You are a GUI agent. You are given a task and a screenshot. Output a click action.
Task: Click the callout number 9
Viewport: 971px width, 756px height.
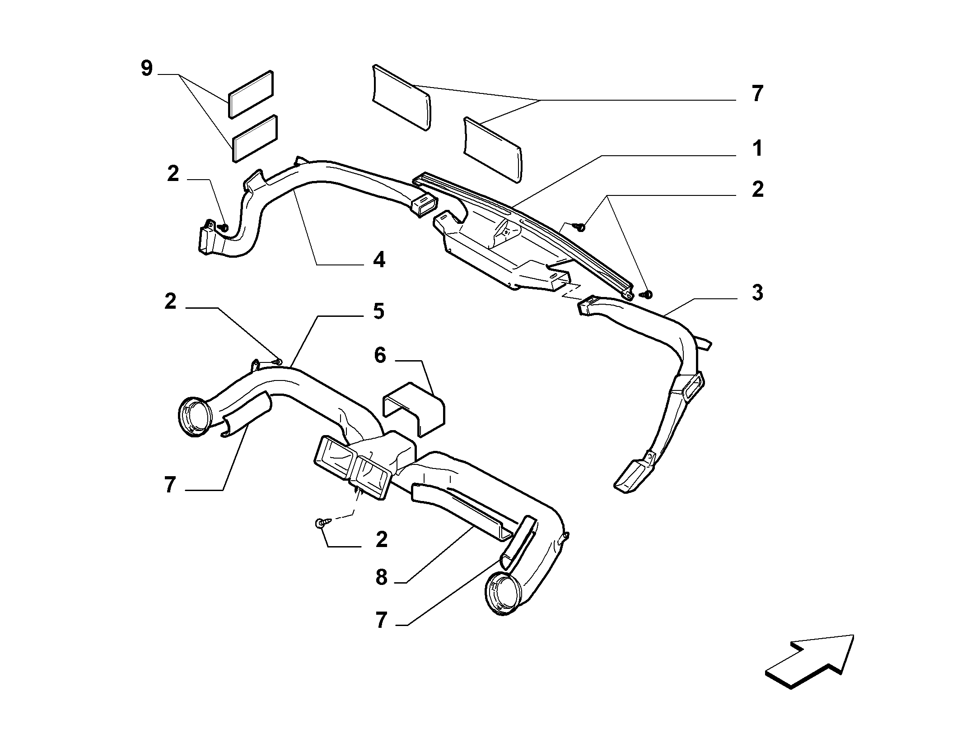147,69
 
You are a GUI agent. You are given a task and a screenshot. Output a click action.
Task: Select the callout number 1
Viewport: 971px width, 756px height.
757,148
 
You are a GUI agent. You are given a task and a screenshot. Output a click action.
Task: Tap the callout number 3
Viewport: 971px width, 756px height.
757,292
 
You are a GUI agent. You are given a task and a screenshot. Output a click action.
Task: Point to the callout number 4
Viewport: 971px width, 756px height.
379,260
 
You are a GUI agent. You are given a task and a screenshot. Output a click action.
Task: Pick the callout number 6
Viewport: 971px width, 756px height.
380,356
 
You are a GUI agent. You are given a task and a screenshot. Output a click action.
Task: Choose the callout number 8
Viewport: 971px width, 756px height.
382,577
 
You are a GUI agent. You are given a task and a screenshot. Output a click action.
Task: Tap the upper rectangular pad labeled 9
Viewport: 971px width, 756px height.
251,94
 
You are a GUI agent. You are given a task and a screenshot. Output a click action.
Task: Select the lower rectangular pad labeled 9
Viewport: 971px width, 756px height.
255,139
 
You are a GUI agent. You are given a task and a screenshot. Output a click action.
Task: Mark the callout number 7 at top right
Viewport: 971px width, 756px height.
757,94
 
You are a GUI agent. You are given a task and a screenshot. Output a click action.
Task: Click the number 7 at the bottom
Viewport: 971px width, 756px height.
382,621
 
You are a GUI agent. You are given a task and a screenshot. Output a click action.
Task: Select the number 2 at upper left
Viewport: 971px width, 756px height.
173,174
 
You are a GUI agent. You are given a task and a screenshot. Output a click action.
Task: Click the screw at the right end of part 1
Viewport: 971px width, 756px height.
647,295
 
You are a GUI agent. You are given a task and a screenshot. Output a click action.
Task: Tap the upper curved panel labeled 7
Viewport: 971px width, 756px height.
401,97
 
